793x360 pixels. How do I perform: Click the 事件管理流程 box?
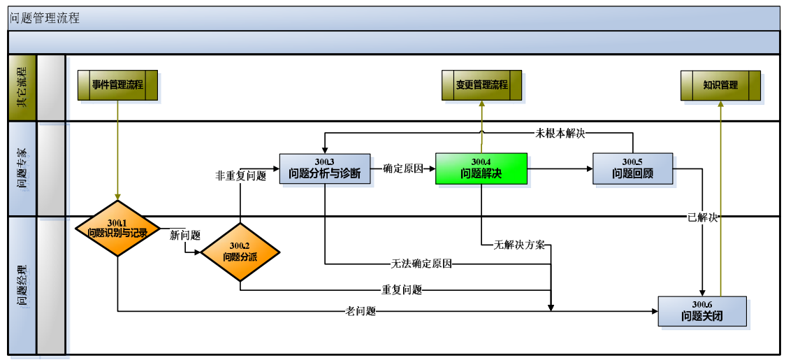pos(117,85)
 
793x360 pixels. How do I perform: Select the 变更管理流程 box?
pos(481,85)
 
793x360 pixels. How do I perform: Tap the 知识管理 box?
pos(720,85)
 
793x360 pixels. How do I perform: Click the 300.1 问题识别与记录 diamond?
pos(117,228)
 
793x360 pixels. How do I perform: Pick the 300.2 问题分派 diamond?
pos(240,252)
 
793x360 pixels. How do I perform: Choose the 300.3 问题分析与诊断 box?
pos(325,168)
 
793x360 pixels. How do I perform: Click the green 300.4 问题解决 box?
pos(481,168)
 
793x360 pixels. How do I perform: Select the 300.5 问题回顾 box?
pos(632,168)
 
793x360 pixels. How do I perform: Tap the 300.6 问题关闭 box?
pos(701,311)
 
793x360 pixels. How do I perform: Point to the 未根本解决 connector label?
pos(560,133)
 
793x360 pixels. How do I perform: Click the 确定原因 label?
pos(403,168)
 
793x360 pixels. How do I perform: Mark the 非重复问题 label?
pos(240,176)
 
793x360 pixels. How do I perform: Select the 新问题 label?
pos(185,236)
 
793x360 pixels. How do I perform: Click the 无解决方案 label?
pos(519,245)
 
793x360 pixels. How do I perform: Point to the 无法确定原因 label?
pos(421,264)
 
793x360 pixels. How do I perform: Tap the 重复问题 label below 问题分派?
pos(402,289)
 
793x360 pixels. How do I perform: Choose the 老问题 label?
pos(361,311)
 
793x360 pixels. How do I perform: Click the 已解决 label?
pos(702,217)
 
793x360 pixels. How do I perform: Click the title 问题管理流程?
pos(45,18)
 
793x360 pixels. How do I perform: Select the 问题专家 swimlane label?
pos(22,168)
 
